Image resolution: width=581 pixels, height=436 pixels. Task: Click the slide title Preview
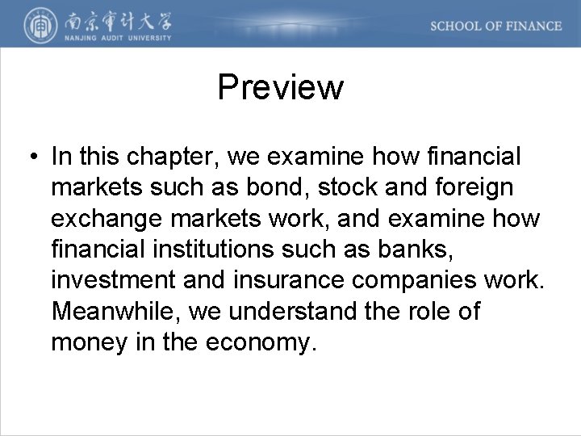point(280,87)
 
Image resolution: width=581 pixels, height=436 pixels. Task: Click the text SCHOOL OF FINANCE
point(495,26)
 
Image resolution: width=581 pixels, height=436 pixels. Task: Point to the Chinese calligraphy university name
point(112,19)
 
